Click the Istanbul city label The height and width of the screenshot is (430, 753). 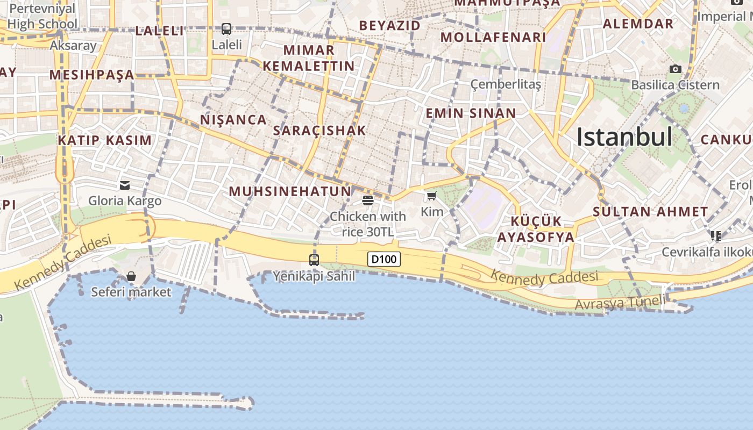pyautogui.click(x=624, y=138)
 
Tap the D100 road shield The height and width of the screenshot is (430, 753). pyautogui.click(x=384, y=259)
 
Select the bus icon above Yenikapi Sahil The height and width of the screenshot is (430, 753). pyautogui.click(x=314, y=260)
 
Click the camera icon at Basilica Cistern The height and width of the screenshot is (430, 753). pyautogui.click(x=675, y=69)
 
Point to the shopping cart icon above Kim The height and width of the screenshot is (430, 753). pyautogui.click(x=431, y=196)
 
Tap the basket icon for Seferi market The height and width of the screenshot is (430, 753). pyautogui.click(x=131, y=276)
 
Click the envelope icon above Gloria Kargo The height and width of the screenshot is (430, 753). pyautogui.click(x=125, y=185)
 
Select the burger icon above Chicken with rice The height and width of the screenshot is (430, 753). pyautogui.click(x=368, y=200)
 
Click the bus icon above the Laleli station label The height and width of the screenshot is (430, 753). pyautogui.click(x=226, y=29)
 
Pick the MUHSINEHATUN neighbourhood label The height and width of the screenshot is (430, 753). pyautogui.click(x=290, y=191)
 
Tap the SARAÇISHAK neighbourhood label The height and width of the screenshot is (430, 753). pyautogui.click(x=319, y=131)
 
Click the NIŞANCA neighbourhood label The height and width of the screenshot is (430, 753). pyautogui.click(x=233, y=120)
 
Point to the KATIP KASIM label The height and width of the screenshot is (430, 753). pyautogui.click(x=105, y=141)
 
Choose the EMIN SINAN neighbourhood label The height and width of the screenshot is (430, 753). pyautogui.click(x=471, y=113)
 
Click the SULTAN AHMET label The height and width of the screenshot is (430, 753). pyautogui.click(x=650, y=212)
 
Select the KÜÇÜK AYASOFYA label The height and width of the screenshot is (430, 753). pyautogui.click(x=536, y=229)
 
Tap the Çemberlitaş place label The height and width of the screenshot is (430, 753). pyautogui.click(x=506, y=84)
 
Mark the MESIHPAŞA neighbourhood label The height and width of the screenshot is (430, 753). pyautogui.click(x=92, y=75)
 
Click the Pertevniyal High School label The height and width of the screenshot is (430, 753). pyautogui.click(x=42, y=17)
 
